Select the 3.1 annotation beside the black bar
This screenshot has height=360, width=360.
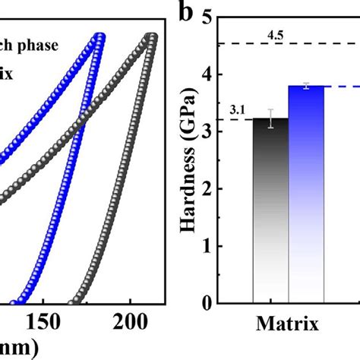235,112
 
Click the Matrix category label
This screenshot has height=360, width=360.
288,325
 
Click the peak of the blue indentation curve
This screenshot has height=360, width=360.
99,36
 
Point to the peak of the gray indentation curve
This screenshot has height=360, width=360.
153,36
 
